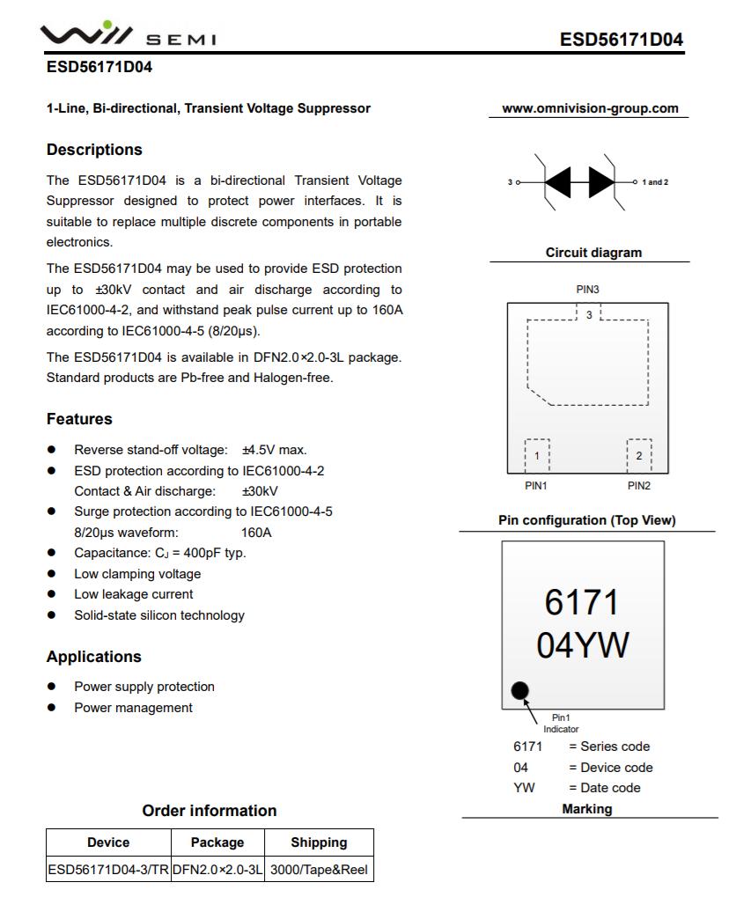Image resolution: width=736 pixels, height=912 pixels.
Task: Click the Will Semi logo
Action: click(128, 35)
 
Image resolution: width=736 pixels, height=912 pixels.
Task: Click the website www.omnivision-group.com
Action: click(590, 108)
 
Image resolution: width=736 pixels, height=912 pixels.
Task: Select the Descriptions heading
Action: click(94, 150)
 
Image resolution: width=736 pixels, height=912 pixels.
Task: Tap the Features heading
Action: click(79, 419)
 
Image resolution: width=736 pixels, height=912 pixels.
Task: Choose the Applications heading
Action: click(93, 657)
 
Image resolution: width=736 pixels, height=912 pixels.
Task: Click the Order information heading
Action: click(210, 811)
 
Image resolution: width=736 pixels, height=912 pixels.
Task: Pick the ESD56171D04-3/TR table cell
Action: click(108, 871)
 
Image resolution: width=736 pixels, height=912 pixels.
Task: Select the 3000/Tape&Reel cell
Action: click(319, 871)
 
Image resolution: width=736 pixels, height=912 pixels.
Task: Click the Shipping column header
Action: click(319, 842)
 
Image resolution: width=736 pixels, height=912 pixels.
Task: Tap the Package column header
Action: click(217, 842)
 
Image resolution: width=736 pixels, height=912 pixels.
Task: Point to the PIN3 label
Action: click(588, 290)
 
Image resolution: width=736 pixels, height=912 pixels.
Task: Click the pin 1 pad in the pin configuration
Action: click(537, 455)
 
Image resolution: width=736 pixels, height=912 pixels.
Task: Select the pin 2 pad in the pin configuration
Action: click(639, 455)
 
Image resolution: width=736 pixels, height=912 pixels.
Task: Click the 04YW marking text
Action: click(583, 646)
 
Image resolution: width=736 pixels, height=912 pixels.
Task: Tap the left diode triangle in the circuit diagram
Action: click(559, 182)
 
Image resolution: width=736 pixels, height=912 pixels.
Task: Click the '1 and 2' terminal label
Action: click(654, 182)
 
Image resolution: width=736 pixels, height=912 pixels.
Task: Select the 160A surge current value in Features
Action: click(256, 533)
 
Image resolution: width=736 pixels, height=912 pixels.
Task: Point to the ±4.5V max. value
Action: click(275, 450)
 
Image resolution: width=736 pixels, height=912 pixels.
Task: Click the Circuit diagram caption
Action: click(593, 253)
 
